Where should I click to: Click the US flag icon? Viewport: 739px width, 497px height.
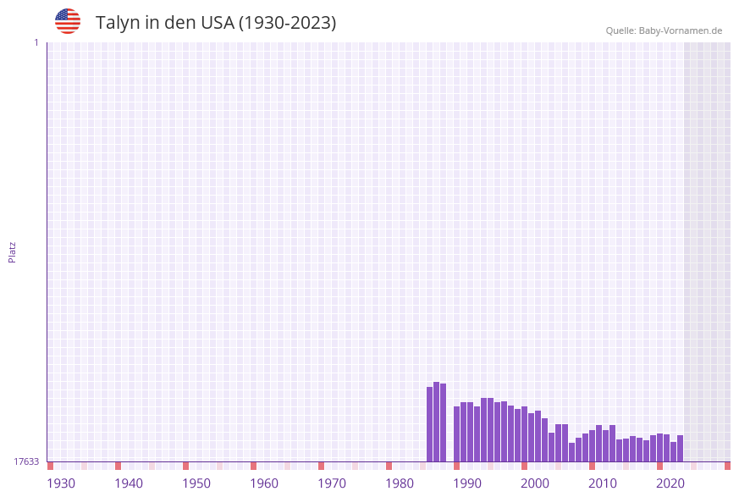pyautogui.click(x=68, y=21)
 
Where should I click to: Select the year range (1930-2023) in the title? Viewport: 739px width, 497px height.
pyautogui.click(x=287, y=23)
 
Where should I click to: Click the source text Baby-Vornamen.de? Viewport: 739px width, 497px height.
pyautogui.click(x=681, y=30)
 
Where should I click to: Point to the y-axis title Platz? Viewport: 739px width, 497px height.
pyautogui.click(x=13, y=251)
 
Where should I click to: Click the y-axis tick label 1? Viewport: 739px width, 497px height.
pyautogui.click(x=36, y=42)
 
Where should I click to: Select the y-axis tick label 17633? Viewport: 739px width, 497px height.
pyautogui.click(x=26, y=461)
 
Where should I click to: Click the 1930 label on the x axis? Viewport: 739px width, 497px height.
pyautogui.click(x=61, y=483)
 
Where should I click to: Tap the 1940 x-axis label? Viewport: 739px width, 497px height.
pyautogui.click(x=129, y=483)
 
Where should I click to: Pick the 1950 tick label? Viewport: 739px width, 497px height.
pyautogui.click(x=196, y=483)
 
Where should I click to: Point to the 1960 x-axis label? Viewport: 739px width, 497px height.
pyautogui.click(x=264, y=483)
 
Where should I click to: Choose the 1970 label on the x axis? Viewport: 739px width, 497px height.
pyautogui.click(x=332, y=483)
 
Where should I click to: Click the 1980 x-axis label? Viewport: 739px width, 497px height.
pyautogui.click(x=400, y=483)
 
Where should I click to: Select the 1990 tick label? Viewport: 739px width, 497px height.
pyautogui.click(x=467, y=483)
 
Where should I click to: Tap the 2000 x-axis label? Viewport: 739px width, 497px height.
pyautogui.click(x=535, y=483)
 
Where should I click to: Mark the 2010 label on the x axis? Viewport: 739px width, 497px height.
pyautogui.click(x=603, y=483)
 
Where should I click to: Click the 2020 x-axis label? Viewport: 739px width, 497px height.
pyautogui.click(x=670, y=483)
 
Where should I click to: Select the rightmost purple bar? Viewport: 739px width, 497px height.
pyautogui.click(x=680, y=448)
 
